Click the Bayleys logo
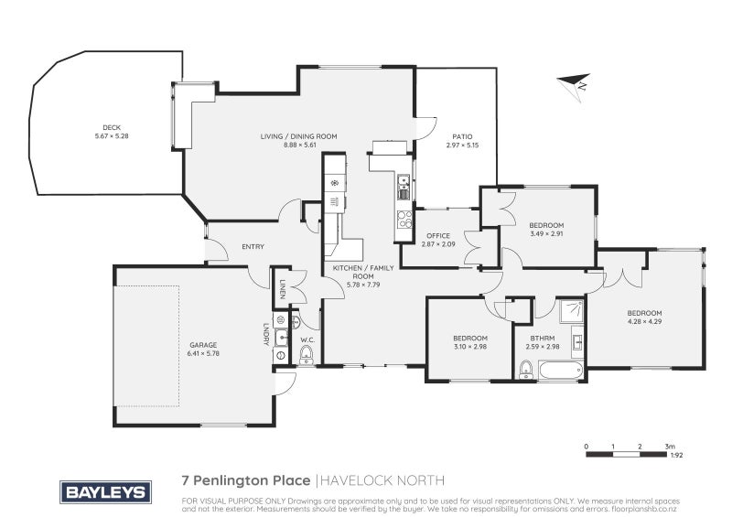point(105,491)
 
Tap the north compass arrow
point(575,84)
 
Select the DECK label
point(112,127)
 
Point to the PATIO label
point(462,137)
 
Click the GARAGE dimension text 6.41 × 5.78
point(203,353)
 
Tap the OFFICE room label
point(438,236)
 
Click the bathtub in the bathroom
point(561,370)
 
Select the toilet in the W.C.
point(307,355)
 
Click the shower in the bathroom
point(571,310)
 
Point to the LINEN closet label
point(283,288)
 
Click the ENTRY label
point(253,246)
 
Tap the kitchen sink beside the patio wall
point(404,188)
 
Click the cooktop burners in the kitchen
point(404,220)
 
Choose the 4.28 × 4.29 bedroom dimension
point(645,321)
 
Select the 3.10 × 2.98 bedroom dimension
point(470,346)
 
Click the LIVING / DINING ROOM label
point(299,136)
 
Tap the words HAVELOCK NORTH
point(382,480)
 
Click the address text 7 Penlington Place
point(246,480)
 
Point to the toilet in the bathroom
point(525,370)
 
